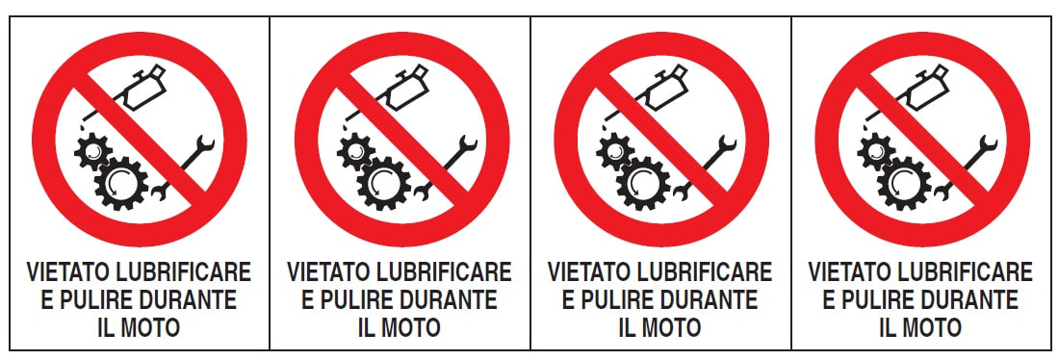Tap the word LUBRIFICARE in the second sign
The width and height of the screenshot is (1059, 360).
click(450, 272)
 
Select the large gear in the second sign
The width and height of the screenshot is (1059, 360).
click(383, 183)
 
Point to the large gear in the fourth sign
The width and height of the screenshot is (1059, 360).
click(904, 183)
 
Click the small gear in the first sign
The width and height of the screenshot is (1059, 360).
click(93, 152)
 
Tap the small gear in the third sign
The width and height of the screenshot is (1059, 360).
click(614, 152)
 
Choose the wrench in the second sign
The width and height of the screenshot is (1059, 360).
click(446, 168)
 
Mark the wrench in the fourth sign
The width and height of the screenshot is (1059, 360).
click(967, 168)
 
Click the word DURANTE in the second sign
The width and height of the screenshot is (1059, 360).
click(450, 300)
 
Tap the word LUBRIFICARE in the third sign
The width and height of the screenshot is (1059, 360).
click(710, 272)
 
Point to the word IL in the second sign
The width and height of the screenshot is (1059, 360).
click(366, 327)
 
